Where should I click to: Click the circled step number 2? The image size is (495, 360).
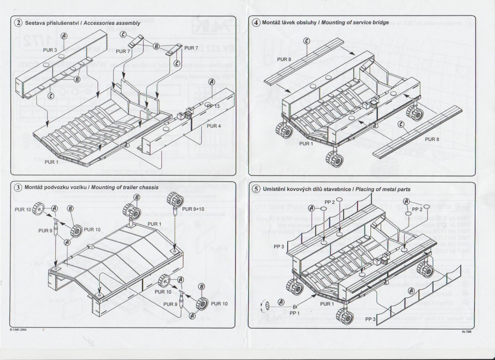pos(19,23)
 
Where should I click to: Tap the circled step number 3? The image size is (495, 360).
pos(19,187)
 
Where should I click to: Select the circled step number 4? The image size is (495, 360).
pos(256,22)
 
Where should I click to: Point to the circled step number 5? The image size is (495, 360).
pos(256,189)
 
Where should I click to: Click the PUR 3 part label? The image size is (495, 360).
pos(50,50)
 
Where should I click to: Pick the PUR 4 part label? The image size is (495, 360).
pos(213,126)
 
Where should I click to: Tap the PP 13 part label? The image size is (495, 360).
pos(213,106)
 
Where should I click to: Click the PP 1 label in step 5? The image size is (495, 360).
pos(295,312)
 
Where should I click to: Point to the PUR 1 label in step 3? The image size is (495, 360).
pos(154,224)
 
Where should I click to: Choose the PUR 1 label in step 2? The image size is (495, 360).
pos(51,162)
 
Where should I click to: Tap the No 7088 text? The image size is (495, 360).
pos(467,331)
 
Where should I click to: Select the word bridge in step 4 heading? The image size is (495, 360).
pos(380,22)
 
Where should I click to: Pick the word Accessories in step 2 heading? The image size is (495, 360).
pos(98,23)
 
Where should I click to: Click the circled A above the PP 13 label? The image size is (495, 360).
pos(212,82)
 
